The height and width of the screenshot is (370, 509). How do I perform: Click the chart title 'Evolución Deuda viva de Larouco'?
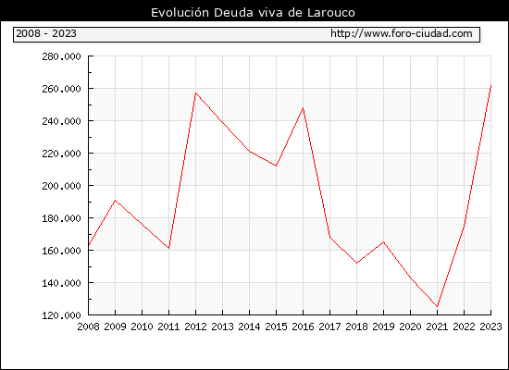(x=253, y=12)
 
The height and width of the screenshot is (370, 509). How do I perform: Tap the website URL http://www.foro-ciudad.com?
(x=402, y=33)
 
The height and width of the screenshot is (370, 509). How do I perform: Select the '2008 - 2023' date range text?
(x=46, y=33)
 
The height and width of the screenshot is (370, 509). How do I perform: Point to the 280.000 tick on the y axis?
(x=61, y=56)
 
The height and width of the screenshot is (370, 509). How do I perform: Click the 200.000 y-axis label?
(x=61, y=186)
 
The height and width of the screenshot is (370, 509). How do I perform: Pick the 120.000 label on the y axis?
(x=61, y=315)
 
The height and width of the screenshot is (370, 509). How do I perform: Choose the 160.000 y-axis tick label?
(x=61, y=251)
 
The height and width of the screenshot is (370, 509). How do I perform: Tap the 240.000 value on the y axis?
(x=61, y=121)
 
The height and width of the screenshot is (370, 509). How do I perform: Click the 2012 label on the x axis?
(x=196, y=327)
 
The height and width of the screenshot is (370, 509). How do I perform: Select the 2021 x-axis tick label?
(x=437, y=327)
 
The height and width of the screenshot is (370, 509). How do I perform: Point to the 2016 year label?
(x=304, y=327)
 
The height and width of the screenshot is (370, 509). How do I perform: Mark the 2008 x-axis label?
(x=88, y=327)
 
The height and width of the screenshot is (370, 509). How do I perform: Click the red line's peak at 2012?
(x=196, y=93)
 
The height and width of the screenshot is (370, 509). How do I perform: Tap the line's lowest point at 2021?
(x=437, y=306)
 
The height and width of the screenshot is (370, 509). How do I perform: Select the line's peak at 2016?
(x=304, y=107)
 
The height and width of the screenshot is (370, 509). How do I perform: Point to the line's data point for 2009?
(x=116, y=200)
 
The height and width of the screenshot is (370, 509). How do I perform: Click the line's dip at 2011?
(x=168, y=248)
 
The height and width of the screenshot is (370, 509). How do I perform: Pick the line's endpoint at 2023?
(x=490, y=86)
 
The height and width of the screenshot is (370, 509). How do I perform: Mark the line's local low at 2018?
(x=356, y=263)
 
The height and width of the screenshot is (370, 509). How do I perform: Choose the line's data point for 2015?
(x=277, y=166)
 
